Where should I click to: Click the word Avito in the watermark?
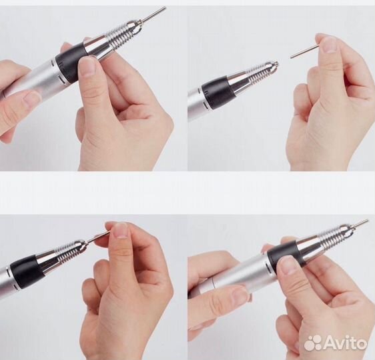(x=346, y=343)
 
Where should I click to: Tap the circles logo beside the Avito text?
(x=313, y=343)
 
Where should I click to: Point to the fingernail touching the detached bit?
(x=328, y=45)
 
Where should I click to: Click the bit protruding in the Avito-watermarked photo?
(x=358, y=224)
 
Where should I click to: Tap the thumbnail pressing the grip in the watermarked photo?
(x=286, y=265)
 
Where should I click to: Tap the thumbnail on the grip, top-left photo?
(x=87, y=65)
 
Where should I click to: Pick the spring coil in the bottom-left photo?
(x=70, y=251)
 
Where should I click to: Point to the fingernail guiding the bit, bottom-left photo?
(x=119, y=231)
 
